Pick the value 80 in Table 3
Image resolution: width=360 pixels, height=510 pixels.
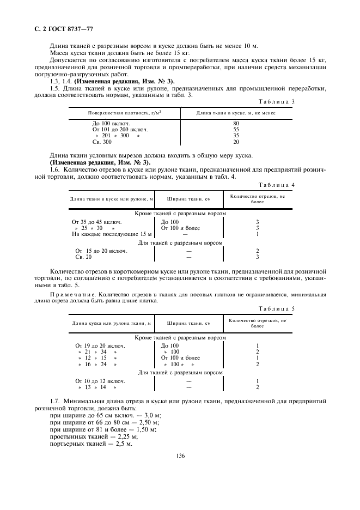point(236,124)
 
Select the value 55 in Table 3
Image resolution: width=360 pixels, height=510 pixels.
point(236,130)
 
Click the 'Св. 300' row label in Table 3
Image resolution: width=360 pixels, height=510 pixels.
point(103,142)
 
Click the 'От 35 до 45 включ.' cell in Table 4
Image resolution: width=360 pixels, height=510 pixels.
point(97,222)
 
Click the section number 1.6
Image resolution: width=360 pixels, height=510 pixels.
point(54,170)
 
